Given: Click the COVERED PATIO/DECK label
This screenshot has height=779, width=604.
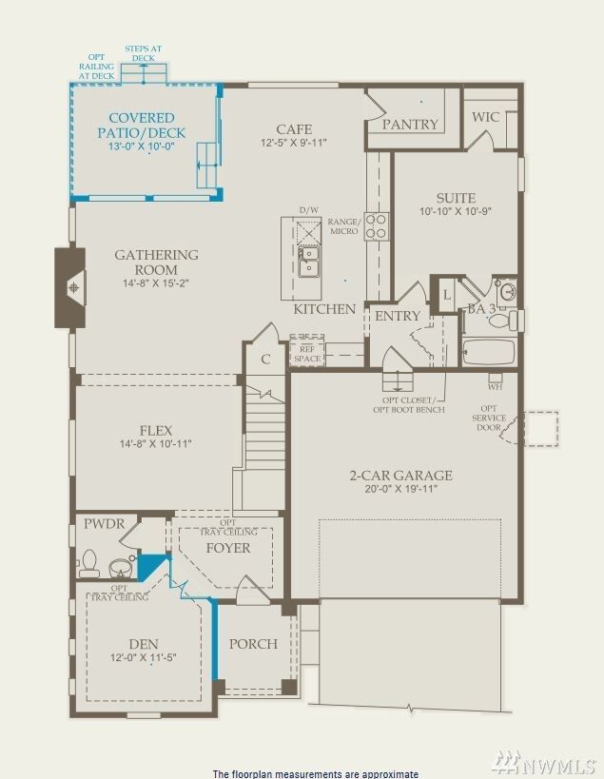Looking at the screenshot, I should click(x=142, y=126).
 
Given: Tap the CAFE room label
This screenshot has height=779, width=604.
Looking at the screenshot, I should click(x=294, y=129).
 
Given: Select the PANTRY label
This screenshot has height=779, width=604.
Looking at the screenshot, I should click(x=410, y=125).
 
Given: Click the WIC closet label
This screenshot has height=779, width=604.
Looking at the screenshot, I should click(x=486, y=117).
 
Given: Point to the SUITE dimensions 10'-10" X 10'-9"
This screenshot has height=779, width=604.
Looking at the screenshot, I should click(x=456, y=211).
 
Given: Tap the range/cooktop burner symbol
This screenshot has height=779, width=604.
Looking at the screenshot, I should click(x=377, y=226).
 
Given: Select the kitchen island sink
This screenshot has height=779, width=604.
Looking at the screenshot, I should click(x=309, y=261).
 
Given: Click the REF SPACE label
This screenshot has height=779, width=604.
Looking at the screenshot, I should click(x=306, y=353).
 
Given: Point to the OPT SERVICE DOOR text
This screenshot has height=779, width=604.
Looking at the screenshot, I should click(x=487, y=419).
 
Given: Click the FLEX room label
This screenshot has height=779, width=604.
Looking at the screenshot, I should click(x=155, y=430).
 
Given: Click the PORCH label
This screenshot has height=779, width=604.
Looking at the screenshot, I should click(x=253, y=644).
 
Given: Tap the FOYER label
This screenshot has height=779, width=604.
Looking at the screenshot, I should click(x=228, y=548).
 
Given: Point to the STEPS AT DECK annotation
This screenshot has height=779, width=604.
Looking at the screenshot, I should click(x=143, y=52).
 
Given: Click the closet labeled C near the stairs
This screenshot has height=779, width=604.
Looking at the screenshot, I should click(x=265, y=359).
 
